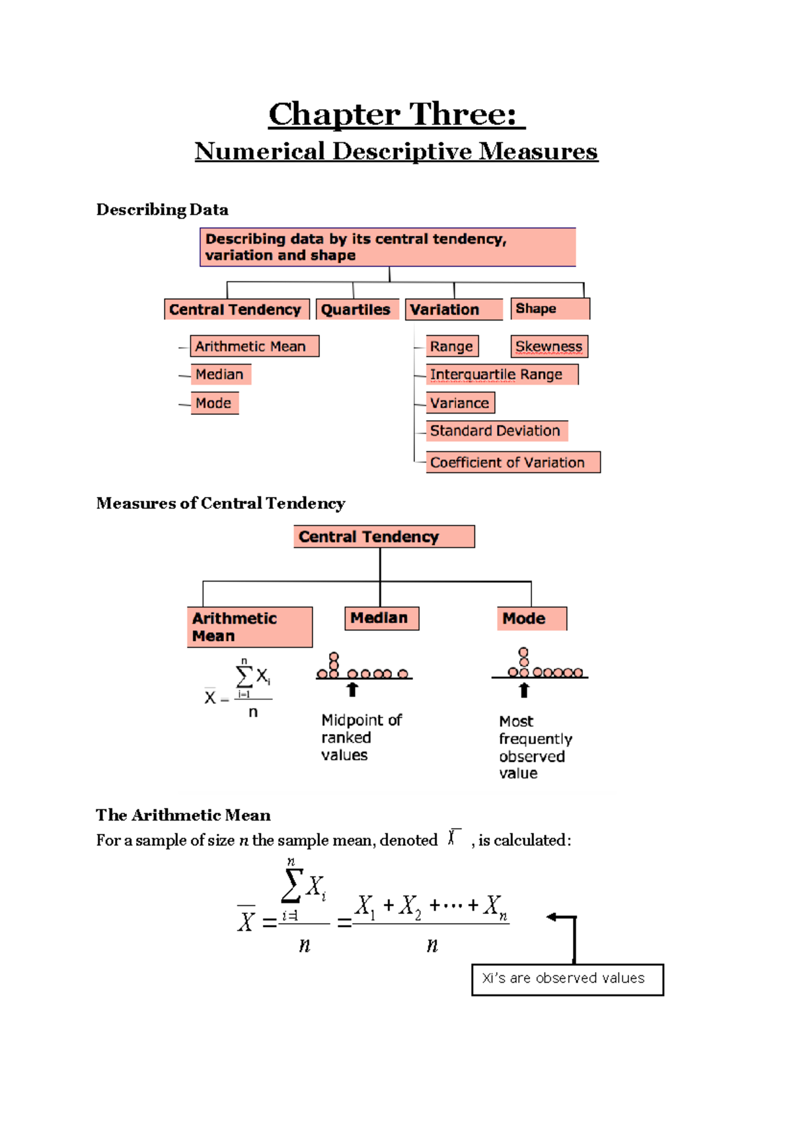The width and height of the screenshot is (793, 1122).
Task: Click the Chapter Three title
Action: (x=396, y=114)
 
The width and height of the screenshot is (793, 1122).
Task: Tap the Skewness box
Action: (x=548, y=346)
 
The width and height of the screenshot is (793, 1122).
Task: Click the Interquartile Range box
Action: (x=502, y=375)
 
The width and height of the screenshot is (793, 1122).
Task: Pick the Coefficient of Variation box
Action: (x=513, y=463)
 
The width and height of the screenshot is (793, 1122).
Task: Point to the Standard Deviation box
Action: (x=496, y=431)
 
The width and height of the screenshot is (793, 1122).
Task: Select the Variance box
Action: (x=460, y=403)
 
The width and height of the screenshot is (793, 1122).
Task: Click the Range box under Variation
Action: (x=452, y=346)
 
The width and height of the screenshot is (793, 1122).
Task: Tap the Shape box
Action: (x=549, y=309)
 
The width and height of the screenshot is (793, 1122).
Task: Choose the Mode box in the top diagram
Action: (x=214, y=403)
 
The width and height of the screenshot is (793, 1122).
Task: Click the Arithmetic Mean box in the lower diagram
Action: (x=249, y=627)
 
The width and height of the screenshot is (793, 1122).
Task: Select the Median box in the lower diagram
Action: (x=381, y=618)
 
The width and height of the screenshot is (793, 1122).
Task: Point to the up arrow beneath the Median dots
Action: (x=352, y=690)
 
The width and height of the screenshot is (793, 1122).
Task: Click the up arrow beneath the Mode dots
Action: (x=524, y=690)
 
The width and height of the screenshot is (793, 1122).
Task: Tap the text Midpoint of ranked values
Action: (x=360, y=737)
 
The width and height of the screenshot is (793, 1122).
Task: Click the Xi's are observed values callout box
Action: (x=567, y=979)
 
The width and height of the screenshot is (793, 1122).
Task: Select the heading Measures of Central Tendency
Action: (x=221, y=504)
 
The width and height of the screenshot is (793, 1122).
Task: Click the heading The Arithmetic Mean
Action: (x=183, y=815)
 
